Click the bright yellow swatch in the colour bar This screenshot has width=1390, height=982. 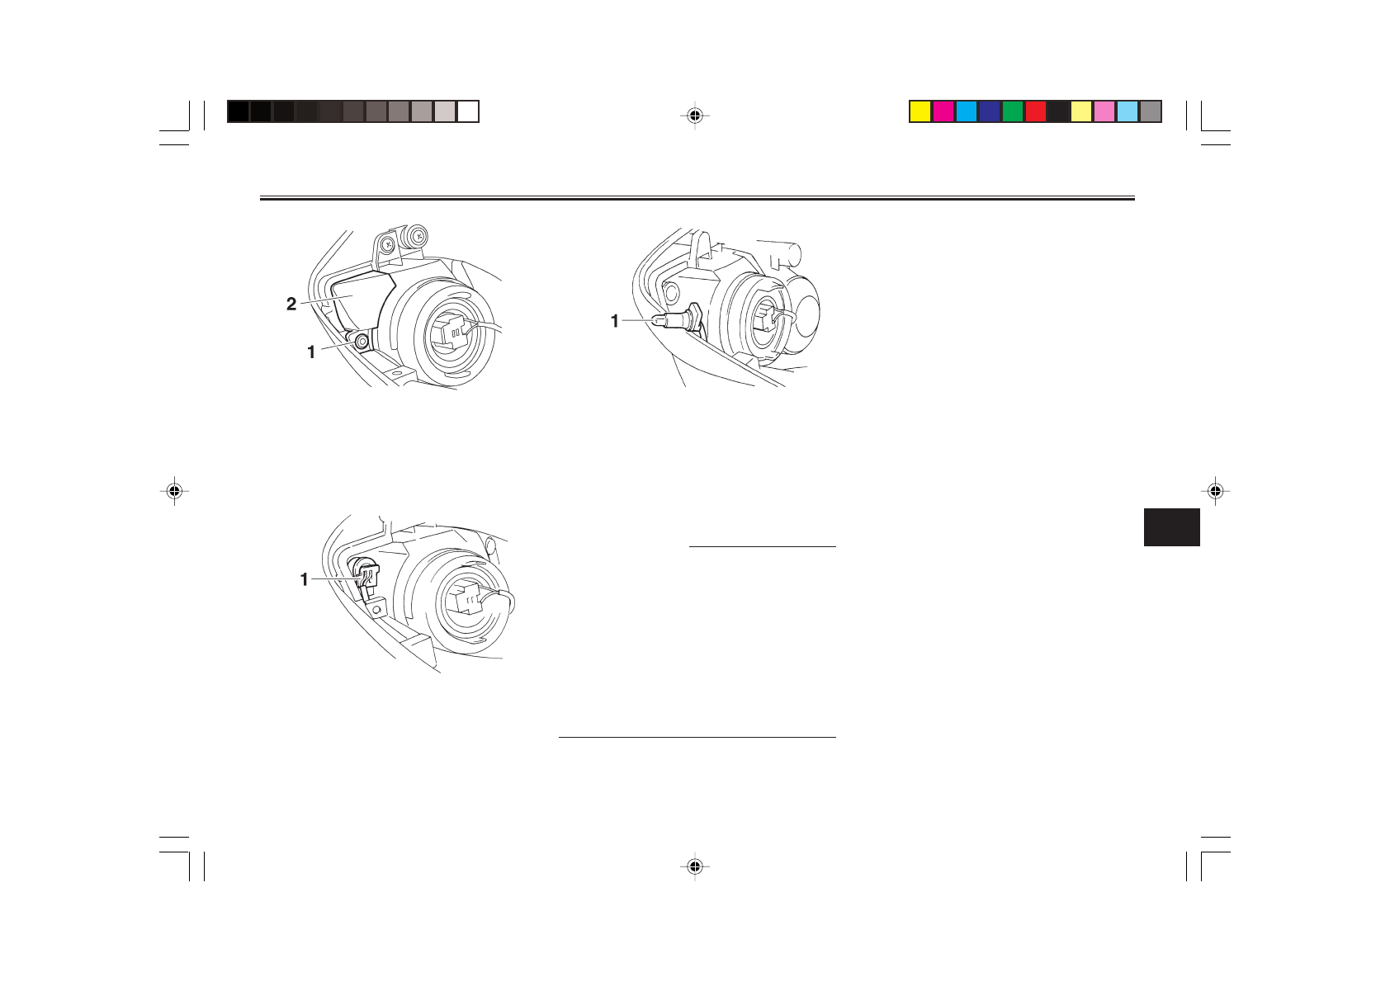tap(920, 111)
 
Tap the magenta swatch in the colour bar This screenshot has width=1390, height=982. tap(943, 111)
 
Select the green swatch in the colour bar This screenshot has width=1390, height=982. tap(1013, 111)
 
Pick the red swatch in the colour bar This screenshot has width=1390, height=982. tap(1036, 111)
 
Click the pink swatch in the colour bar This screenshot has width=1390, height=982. tap(1104, 111)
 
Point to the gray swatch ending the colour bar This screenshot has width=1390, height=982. tap(1151, 111)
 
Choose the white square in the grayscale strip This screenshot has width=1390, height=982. tap(468, 111)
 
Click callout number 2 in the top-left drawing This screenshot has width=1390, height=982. tap(291, 304)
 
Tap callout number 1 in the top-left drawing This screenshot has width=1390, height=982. tap(311, 352)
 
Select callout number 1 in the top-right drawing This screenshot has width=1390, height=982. tap(615, 321)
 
